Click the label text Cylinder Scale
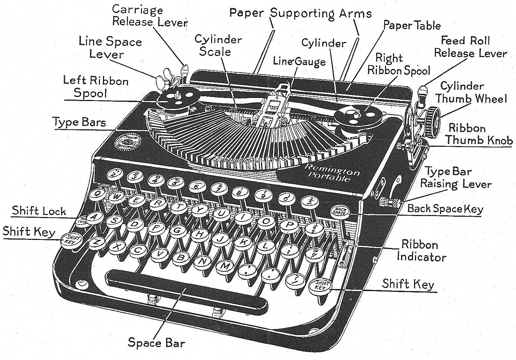tap(218, 45)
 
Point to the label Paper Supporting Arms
tap(300, 13)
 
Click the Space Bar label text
tap(156, 342)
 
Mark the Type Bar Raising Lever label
tap(455, 178)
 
